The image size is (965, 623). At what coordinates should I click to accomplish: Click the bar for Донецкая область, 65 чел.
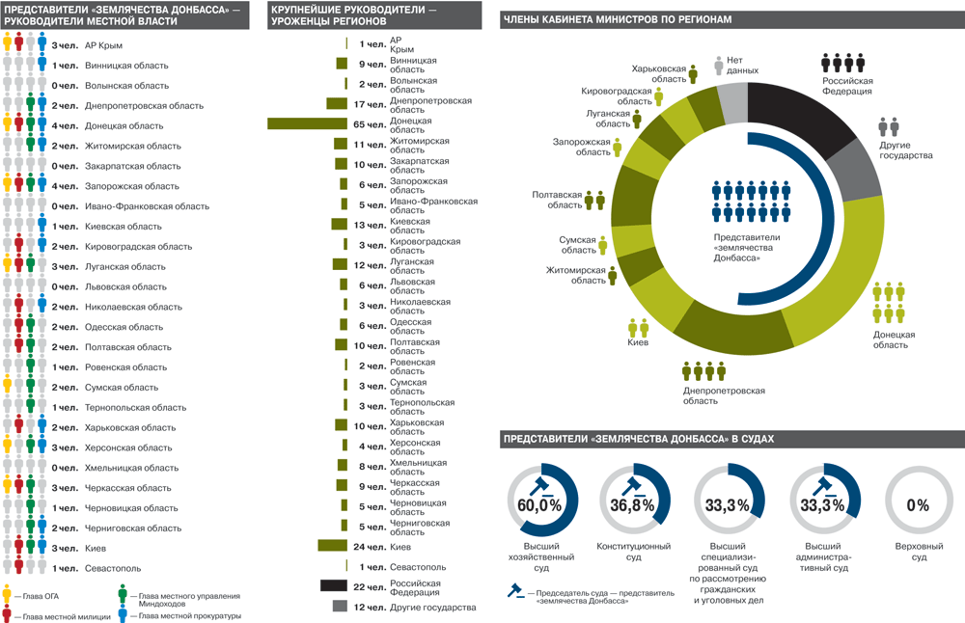tap(307, 123)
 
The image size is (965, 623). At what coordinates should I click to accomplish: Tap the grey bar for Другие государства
tap(340, 607)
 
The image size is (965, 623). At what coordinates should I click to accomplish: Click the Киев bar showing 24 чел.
tap(333, 546)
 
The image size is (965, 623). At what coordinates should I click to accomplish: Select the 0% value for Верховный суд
tap(917, 504)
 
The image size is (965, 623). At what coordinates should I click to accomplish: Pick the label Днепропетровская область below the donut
tap(724, 395)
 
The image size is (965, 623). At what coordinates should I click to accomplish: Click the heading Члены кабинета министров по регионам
tap(618, 19)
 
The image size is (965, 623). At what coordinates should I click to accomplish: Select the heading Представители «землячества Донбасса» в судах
tap(638, 439)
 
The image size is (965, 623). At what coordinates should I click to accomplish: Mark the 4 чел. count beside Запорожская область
tap(65, 186)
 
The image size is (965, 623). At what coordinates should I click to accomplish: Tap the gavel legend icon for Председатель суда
tap(512, 594)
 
